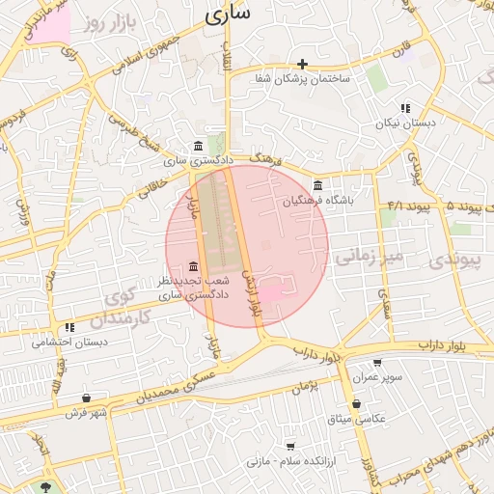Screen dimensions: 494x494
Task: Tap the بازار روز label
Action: coord(105,20)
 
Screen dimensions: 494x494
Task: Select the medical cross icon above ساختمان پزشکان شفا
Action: coord(303,64)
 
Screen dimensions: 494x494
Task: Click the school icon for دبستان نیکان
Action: coord(406,109)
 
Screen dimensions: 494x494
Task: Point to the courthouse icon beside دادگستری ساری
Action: coord(198,146)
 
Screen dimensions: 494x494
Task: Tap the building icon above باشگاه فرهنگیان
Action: coord(317,186)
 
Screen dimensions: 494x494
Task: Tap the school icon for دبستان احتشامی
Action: coord(69,328)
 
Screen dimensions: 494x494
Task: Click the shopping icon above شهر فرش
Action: coord(86,398)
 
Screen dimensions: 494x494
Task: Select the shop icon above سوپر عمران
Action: coord(377,364)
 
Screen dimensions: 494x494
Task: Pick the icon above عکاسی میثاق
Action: coord(357,404)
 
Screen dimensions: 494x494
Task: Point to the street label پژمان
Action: coord(302,385)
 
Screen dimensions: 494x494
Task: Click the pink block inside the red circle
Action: coord(273,290)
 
